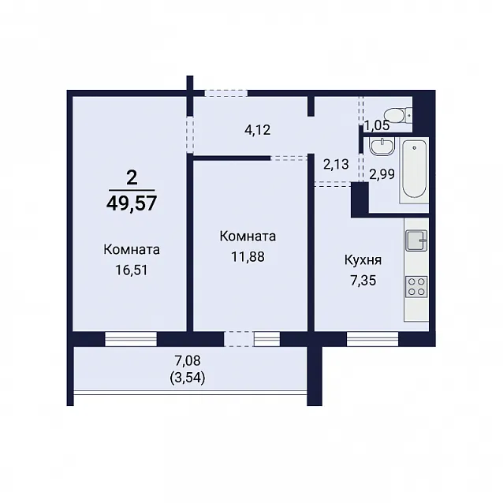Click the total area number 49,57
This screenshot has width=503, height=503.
(x=132, y=203)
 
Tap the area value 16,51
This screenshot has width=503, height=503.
(x=132, y=270)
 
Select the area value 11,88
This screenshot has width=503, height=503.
(x=248, y=257)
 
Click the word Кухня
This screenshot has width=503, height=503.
(x=363, y=260)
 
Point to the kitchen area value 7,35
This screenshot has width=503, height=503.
(x=363, y=281)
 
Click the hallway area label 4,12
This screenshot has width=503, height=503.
(x=258, y=130)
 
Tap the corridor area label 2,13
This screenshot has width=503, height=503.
(x=336, y=164)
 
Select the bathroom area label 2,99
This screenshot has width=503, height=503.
(x=382, y=174)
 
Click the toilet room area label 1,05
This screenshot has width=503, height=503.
(x=377, y=125)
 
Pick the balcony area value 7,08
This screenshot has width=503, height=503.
(x=188, y=360)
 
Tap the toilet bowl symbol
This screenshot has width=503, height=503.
(x=398, y=115)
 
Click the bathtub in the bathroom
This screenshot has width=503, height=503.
(x=414, y=170)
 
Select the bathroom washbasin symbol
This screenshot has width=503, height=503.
(x=382, y=147)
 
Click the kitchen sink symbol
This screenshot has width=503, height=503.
(x=416, y=240)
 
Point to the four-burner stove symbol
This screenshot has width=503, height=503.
(x=416, y=287)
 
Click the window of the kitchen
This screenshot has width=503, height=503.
(x=372, y=339)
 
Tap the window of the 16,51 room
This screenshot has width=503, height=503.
(x=131, y=339)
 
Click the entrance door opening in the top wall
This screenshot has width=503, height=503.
(x=226, y=93)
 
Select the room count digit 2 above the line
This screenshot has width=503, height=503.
(x=132, y=177)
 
